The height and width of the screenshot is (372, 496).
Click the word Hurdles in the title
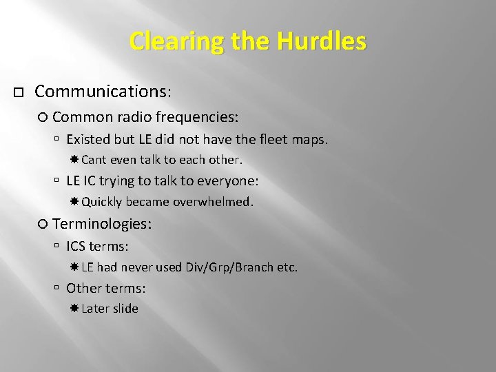tap(322, 41)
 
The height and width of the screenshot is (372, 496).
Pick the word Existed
tap(88, 139)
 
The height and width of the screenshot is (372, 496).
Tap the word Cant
tap(93, 160)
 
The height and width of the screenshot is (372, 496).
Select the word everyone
tap(229, 181)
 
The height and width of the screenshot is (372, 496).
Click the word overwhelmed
tap(214, 202)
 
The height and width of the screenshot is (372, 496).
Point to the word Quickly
tap(101, 202)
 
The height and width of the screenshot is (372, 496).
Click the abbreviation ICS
tap(76, 246)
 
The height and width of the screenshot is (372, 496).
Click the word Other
tap(83, 288)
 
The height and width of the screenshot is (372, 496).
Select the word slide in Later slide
tap(126, 309)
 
